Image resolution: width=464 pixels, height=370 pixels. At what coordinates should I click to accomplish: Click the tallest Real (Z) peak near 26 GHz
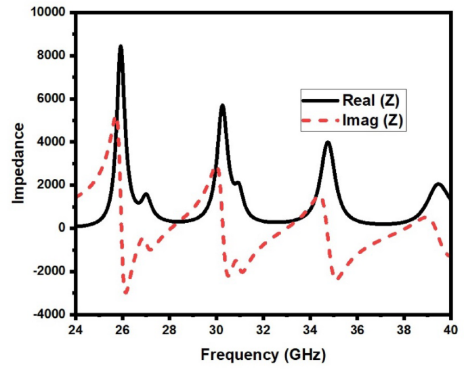pos(121,47)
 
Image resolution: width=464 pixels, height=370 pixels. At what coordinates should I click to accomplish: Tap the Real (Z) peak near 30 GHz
pos(222,106)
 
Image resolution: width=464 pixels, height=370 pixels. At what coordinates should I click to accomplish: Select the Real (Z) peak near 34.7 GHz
pos(328,143)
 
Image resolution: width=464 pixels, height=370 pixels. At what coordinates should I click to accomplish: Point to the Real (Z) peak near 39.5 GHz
pos(439,184)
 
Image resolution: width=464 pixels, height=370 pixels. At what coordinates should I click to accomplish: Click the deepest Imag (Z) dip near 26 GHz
pos(125,293)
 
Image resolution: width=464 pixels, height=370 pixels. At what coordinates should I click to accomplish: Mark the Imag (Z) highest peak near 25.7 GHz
pos(115,119)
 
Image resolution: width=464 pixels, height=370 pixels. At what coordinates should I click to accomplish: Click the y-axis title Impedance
pos(20,163)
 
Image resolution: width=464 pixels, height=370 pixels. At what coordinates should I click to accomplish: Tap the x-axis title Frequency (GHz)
pos(262,354)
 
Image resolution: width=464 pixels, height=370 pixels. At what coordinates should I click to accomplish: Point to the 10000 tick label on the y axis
pos(48,13)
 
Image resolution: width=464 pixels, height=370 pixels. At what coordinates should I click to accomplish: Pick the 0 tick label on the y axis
pos(61,228)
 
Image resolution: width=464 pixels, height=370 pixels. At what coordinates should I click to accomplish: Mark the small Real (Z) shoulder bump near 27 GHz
pos(145,195)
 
